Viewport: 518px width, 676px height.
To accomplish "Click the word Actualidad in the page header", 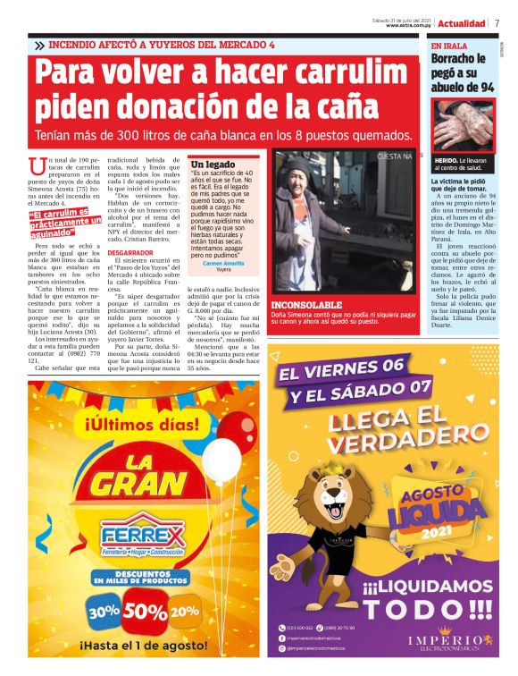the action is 462,23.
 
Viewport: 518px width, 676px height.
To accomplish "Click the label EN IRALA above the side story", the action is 448,46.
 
